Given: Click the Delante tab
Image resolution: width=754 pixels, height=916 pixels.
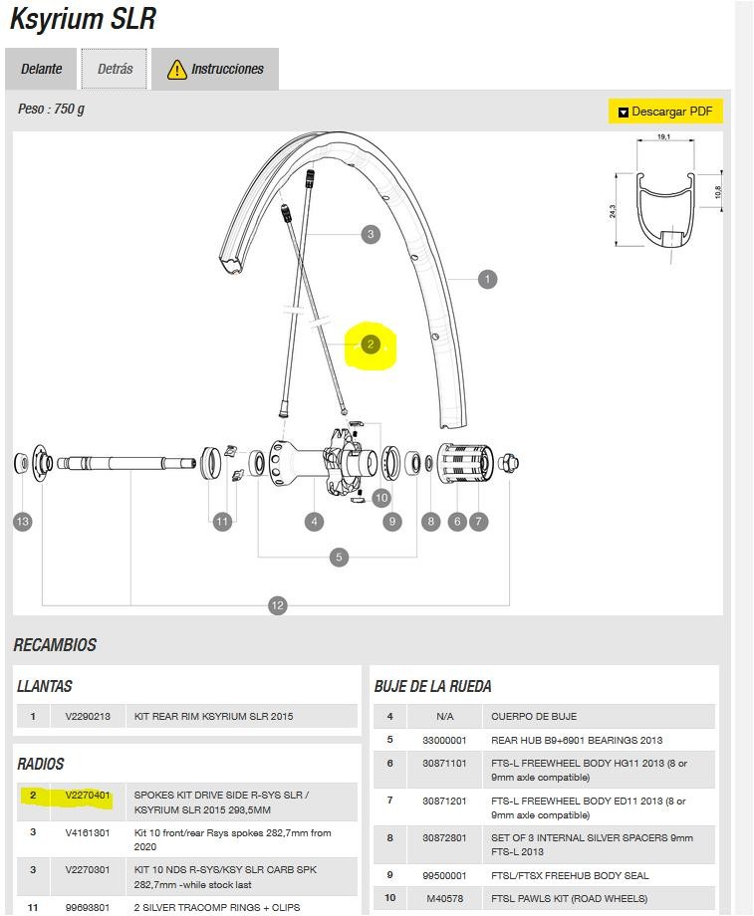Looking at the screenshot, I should point(42,69).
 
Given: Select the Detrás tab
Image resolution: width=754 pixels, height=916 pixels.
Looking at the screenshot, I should point(115,69).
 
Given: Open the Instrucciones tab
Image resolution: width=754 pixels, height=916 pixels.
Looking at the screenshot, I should point(216,69).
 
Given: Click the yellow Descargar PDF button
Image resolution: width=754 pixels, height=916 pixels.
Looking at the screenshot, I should point(664,112).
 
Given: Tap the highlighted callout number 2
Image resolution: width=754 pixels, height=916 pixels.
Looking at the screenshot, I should point(371,344).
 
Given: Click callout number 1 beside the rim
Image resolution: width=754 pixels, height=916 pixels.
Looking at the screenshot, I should point(487,279).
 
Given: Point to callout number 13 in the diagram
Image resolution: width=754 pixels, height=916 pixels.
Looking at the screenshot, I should point(22,521).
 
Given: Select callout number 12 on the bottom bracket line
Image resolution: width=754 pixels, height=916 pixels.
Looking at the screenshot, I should point(278,604).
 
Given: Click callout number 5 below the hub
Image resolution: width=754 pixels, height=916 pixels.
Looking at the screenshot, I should point(339,557).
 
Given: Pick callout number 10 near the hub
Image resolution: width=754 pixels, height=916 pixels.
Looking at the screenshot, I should point(381,498).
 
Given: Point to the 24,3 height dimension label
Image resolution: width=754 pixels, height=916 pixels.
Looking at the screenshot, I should point(613,212).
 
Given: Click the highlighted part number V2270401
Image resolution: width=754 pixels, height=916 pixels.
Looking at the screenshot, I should point(88,796).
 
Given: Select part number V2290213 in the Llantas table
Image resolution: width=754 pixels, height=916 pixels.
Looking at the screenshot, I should point(88,716).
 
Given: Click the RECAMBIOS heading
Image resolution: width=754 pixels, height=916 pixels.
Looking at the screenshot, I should point(55,645).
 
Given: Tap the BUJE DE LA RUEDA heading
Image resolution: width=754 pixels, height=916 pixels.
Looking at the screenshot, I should point(432,686).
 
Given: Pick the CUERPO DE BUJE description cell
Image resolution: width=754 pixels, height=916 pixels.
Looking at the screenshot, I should point(534,716).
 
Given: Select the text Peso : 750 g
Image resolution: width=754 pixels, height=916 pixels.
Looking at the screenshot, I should point(51,109).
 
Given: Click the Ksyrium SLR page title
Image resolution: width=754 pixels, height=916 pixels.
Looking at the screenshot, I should point(82,18).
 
